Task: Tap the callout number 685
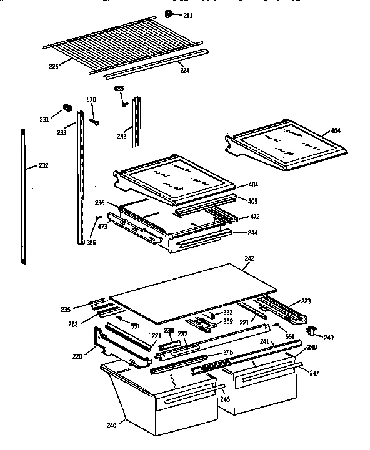pos(118,89)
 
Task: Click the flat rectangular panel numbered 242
pos(194,288)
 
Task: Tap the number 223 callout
pos(306,300)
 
